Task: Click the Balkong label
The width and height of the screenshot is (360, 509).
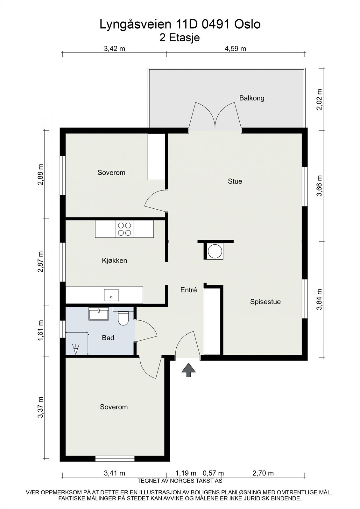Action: click(x=252, y=98)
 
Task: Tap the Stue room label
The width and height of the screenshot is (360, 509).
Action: click(x=235, y=181)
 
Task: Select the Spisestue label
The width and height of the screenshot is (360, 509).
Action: click(x=265, y=302)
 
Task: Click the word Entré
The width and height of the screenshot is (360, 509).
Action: click(x=188, y=290)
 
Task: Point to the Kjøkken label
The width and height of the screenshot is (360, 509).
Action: click(x=114, y=261)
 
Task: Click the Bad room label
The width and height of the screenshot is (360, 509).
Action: click(x=108, y=338)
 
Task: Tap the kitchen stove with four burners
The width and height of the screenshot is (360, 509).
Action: click(x=124, y=229)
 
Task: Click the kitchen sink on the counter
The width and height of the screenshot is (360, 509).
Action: click(x=111, y=295)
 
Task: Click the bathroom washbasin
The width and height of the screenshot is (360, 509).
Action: click(x=99, y=314)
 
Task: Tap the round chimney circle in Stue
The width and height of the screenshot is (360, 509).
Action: click(x=215, y=251)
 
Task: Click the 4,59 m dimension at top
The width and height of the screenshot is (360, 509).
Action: click(x=235, y=49)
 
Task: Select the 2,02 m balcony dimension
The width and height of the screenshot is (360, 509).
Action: click(x=319, y=99)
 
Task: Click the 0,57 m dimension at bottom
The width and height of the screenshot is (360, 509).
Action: click(x=213, y=473)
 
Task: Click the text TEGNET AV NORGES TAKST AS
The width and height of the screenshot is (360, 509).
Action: click(x=180, y=481)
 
